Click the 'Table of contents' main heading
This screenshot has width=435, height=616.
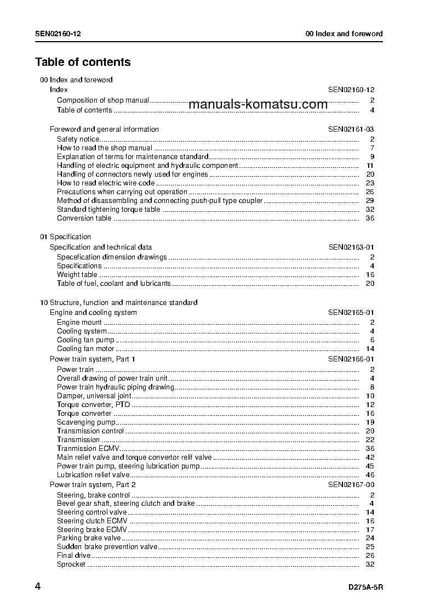83,62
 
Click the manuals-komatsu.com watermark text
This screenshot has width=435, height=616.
258,105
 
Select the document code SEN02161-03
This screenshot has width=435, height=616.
351,129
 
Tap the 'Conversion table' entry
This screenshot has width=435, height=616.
84,218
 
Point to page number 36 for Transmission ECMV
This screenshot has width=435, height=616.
370,449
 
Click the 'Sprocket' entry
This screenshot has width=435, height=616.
71,564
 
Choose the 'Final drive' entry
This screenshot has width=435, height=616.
74,556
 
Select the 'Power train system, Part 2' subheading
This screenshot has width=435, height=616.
93,485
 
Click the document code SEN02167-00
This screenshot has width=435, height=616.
351,485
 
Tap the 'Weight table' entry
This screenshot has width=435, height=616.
77,275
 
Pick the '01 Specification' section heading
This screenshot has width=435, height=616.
66,237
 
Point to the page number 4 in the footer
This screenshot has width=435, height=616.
38,587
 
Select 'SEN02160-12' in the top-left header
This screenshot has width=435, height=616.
59,34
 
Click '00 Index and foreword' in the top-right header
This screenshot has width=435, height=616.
344,34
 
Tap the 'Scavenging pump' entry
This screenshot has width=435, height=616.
86,422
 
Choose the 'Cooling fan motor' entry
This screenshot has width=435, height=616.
85,349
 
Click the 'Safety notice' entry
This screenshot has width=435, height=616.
78,139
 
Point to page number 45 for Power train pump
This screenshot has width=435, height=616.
370,466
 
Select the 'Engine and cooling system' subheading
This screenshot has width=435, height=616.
93,313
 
